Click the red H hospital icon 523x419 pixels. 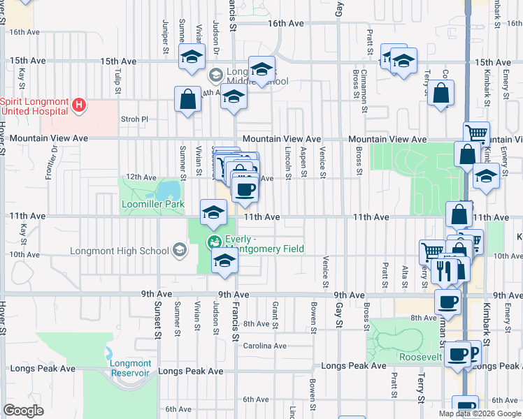point(80,106)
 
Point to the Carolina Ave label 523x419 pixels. point(264,346)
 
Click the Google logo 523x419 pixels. point(24,411)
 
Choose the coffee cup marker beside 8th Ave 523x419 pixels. point(447,302)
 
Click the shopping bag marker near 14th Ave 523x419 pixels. point(188,100)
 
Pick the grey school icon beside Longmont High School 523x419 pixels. point(180,251)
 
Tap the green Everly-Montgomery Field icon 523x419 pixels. point(213,242)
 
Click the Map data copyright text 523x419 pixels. point(479,413)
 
